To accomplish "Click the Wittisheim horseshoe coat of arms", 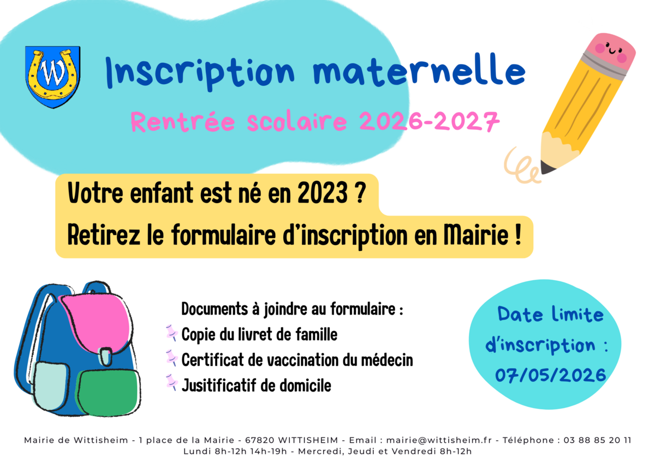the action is [52, 77].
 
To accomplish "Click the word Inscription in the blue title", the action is [200, 73].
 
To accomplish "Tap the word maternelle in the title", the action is [419, 70].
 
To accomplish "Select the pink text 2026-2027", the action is [429, 121].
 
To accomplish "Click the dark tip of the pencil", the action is [547, 168].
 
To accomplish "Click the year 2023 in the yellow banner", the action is [323, 193].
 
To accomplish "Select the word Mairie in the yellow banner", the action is [476, 235].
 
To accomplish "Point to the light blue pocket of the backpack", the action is [50, 385].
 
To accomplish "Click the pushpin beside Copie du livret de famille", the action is [171, 333].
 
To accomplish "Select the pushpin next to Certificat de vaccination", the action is [171, 358].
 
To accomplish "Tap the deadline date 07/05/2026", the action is [550, 375].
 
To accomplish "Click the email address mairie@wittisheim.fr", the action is [439, 440].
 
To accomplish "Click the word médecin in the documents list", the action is [387, 359].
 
